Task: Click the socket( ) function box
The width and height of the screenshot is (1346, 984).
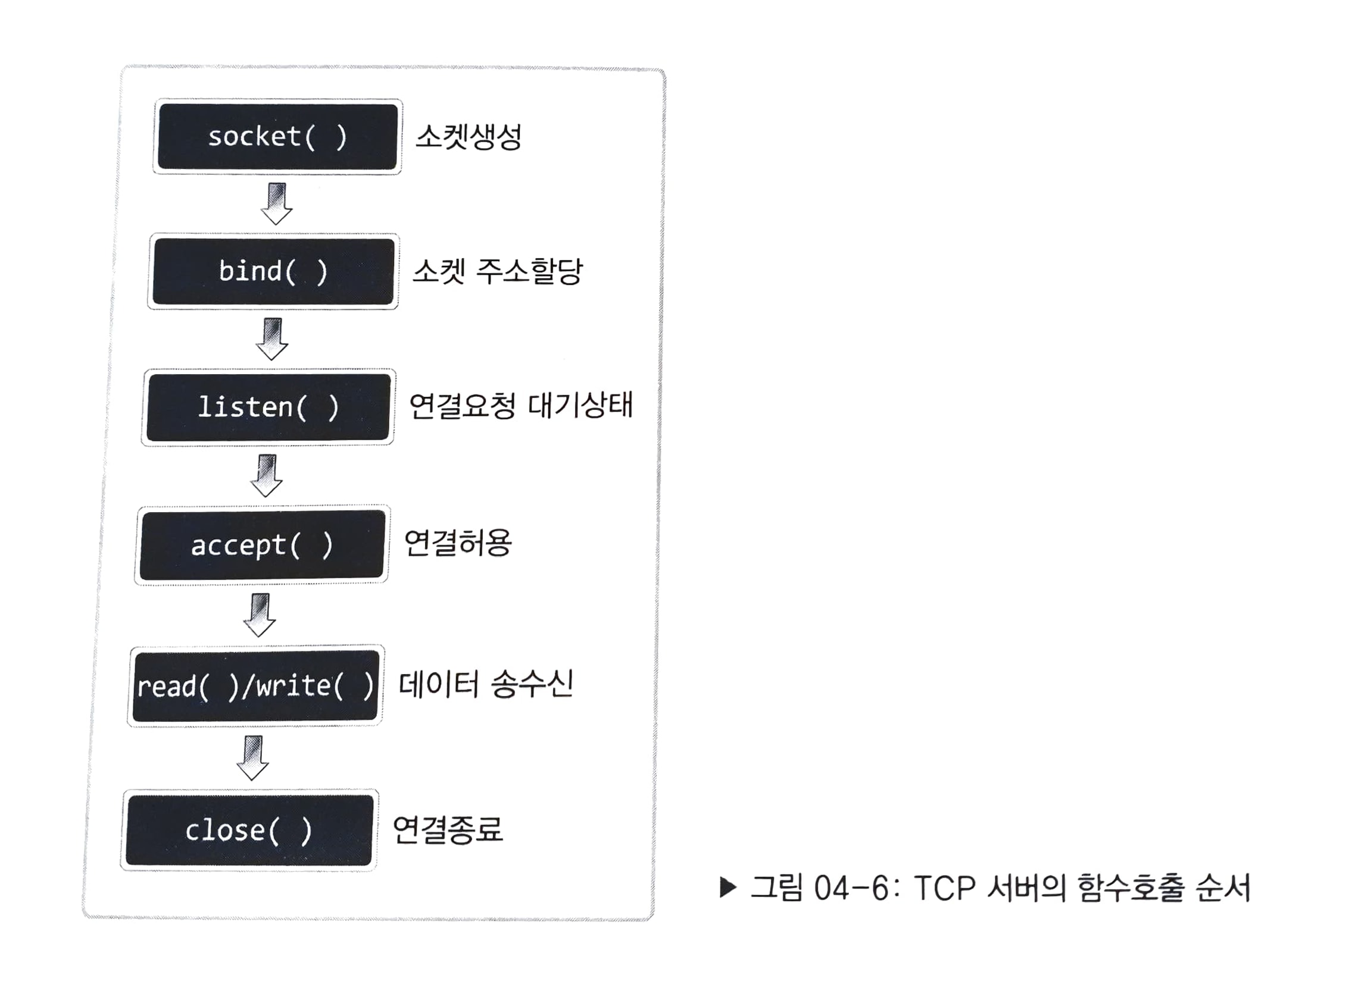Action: coord(278,136)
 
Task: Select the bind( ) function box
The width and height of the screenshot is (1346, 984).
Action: coord(274,272)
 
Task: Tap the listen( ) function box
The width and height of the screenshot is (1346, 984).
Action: coord(268,408)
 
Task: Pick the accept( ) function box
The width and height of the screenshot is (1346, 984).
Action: coord(263,545)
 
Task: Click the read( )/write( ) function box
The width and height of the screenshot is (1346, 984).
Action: coord(256,685)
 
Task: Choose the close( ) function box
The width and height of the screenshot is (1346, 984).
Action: coord(249,830)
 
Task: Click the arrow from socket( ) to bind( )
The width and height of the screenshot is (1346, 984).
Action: coord(277,203)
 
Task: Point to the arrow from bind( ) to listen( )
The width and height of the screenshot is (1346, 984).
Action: coord(272,339)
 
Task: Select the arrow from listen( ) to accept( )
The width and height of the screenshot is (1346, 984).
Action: coord(266,475)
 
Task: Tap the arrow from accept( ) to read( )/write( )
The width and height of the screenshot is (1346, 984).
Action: coord(260,615)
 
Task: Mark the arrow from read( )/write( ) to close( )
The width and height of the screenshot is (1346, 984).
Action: coord(253,758)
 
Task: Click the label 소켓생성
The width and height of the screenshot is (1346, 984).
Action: coord(469,136)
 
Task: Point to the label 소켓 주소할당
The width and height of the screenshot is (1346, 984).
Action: coord(497,272)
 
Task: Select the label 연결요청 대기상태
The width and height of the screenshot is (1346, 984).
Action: coord(520,406)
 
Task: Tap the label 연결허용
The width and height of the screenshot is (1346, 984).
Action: coord(457,543)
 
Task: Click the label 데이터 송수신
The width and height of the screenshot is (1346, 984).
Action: coord(486,684)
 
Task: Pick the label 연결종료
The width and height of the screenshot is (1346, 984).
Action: coord(448,829)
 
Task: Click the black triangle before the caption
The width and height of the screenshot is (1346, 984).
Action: coord(728,888)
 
